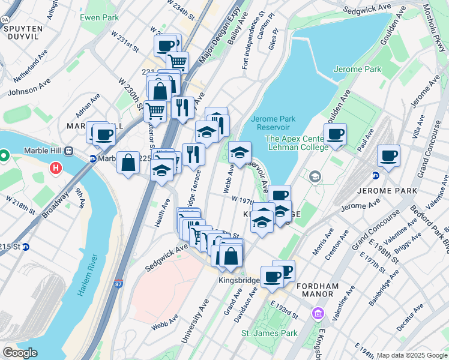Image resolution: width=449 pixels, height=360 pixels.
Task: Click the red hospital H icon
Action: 56,169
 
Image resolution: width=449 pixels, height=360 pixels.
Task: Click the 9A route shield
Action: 5,19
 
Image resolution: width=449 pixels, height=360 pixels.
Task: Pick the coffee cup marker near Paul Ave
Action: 335,134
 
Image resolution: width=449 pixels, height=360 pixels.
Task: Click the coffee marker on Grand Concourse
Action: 388,157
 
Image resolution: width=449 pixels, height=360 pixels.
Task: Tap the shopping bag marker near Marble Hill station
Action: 128,163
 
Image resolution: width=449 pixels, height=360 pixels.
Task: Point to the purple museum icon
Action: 318,314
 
